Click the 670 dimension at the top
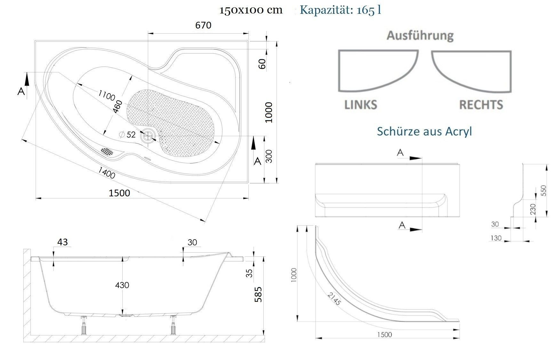pyautogui.click(x=203, y=25)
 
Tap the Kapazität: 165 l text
pyautogui.click(x=340, y=10)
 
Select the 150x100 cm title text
pyautogui.click(x=251, y=10)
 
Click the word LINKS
pyautogui.click(x=361, y=105)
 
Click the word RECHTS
pyautogui.click(x=481, y=105)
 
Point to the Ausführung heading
pyautogui.click(x=420, y=35)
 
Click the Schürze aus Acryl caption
pyautogui.click(x=424, y=131)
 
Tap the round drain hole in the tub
pyautogui.click(x=148, y=136)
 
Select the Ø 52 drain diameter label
pyautogui.click(x=128, y=135)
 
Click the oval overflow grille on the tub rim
pyautogui.click(x=107, y=151)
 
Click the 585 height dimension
pyautogui.click(x=258, y=294)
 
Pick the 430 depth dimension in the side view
pyautogui.click(x=122, y=285)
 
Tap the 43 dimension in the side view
pyautogui.click(x=62, y=242)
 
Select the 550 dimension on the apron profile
pyautogui.click(x=543, y=191)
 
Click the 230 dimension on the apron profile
pyautogui.click(x=532, y=210)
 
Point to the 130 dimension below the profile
pyautogui.click(x=496, y=238)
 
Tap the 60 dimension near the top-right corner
pyautogui.click(x=262, y=64)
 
